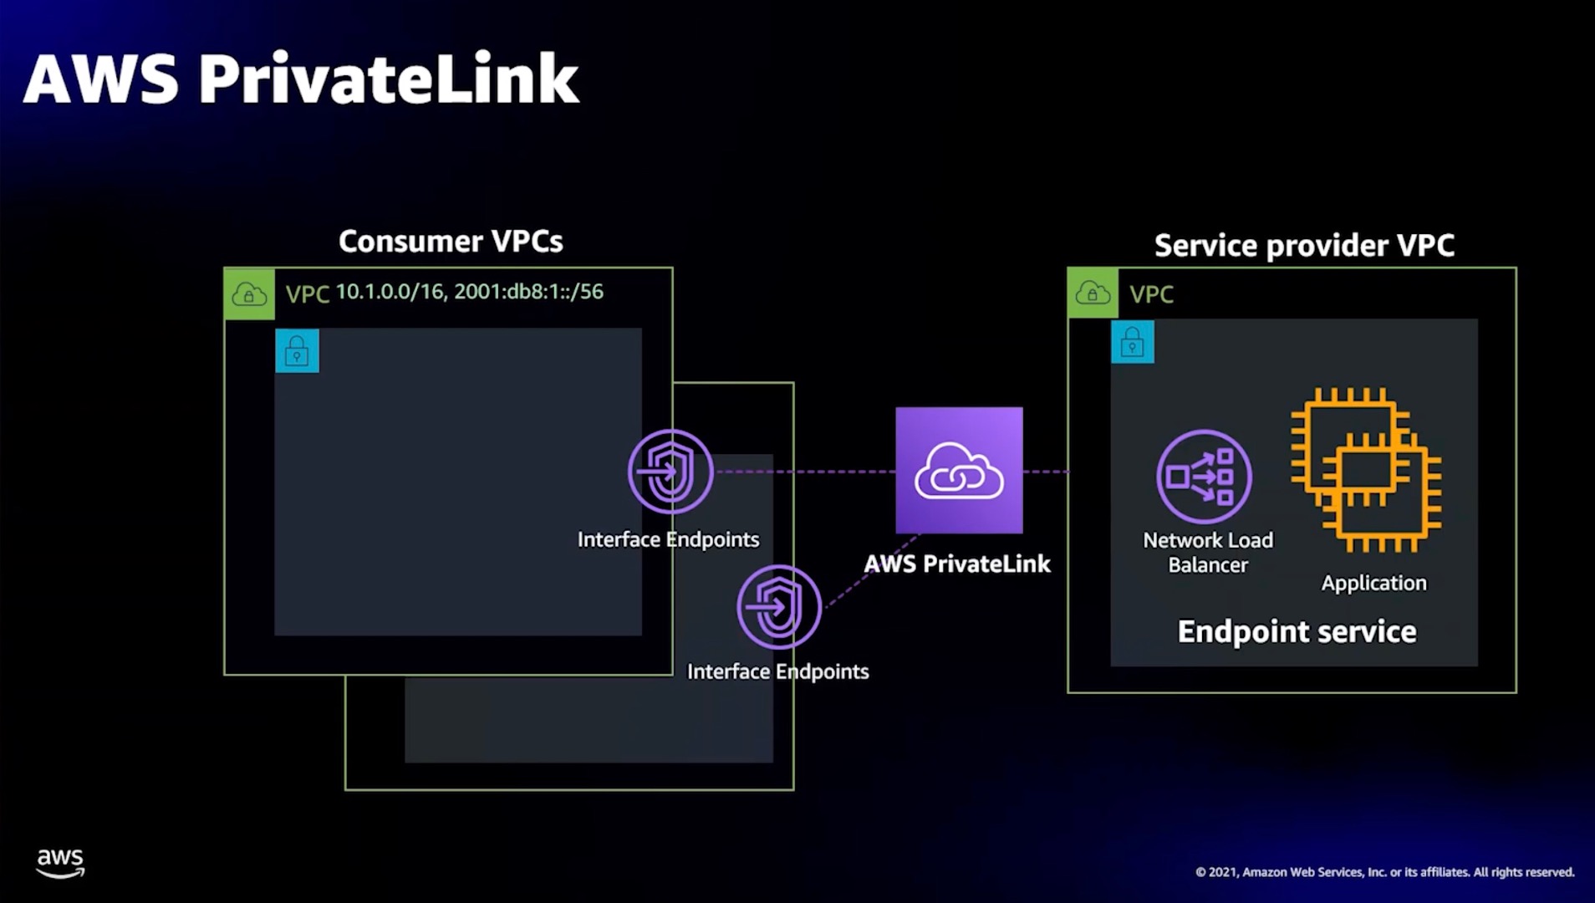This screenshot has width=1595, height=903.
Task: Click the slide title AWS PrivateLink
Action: point(301,79)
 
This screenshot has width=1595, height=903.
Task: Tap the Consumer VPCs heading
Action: point(451,241)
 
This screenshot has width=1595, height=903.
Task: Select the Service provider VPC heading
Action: point(1304,245)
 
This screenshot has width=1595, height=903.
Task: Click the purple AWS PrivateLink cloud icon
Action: point(959,471)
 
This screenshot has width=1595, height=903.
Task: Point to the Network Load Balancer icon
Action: point(1204,477)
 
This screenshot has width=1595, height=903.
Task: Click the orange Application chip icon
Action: point(1365,470)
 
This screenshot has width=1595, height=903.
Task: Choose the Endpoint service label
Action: point(1297,631)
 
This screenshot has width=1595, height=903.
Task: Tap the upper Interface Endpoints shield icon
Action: point(670,472)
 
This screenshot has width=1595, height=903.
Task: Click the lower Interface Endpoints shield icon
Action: point(779,607)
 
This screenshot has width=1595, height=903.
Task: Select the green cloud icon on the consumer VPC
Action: point(249,293)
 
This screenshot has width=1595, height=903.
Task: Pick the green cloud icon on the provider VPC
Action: point(1093,293)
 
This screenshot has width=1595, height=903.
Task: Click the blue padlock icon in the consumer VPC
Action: point(297,350)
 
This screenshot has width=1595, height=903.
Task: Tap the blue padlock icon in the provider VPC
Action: point(1132,341)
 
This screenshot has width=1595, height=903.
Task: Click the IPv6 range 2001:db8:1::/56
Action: point(528,292)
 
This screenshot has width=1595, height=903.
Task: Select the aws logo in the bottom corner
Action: point(60,863)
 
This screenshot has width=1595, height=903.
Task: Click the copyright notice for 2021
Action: point(1384,872)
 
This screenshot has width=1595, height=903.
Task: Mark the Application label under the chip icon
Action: point(1373,583)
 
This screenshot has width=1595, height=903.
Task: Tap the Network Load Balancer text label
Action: point(1208,553)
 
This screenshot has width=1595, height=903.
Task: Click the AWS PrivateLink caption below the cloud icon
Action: point(957,564)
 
